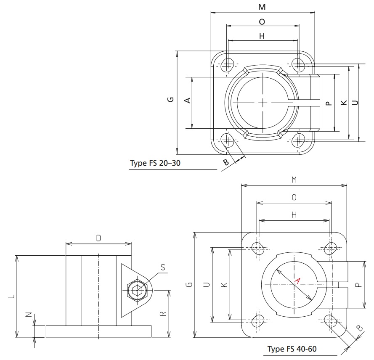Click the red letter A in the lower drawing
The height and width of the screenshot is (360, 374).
tap(297, 281)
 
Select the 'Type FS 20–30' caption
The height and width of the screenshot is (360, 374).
tap(155, 164)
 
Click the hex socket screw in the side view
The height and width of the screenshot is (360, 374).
tap(137, 290)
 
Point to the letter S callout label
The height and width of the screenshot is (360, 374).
tap(162, 267)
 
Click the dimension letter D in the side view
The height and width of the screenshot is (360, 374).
tap(98, 238)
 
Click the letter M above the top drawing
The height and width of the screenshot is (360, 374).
tap(262, 7)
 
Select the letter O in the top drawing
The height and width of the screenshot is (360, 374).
tap(262, 21)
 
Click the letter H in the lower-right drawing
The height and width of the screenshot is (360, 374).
tap(294, 214)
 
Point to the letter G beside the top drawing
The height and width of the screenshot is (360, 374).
tap(170, 99)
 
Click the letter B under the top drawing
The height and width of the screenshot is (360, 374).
tap(226, 161)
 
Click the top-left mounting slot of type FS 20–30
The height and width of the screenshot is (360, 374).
tap(228, 64)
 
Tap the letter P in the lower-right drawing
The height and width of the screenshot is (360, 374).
tap(357, 285)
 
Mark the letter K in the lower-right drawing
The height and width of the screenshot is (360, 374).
tap(224, 285)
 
